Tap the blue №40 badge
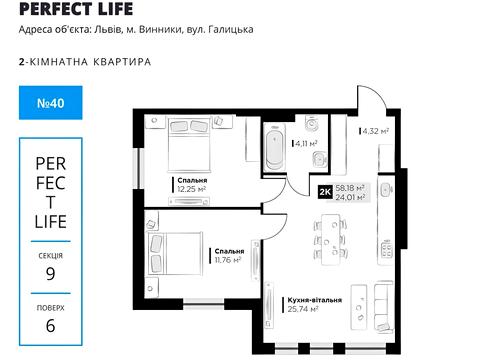pyautogui.click(x=48, y=102)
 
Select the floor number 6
pyautogui.click(x=50, y=324)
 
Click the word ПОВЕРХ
pyautogui.click(x=50, y=307)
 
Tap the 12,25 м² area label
pyautogui.click(x=192, y=188)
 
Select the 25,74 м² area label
pyautogui.click(x=302, y=310)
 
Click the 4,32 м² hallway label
pyautogui.click(x=375, y=131)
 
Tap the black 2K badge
pyautogui.click(x=324, y=192)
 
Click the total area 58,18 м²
pyautogui.click(x=350, y=187)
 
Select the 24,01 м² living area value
pyautogui.click(x=350, y=197)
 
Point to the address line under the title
pyautogui.click(x=135, y=29)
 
